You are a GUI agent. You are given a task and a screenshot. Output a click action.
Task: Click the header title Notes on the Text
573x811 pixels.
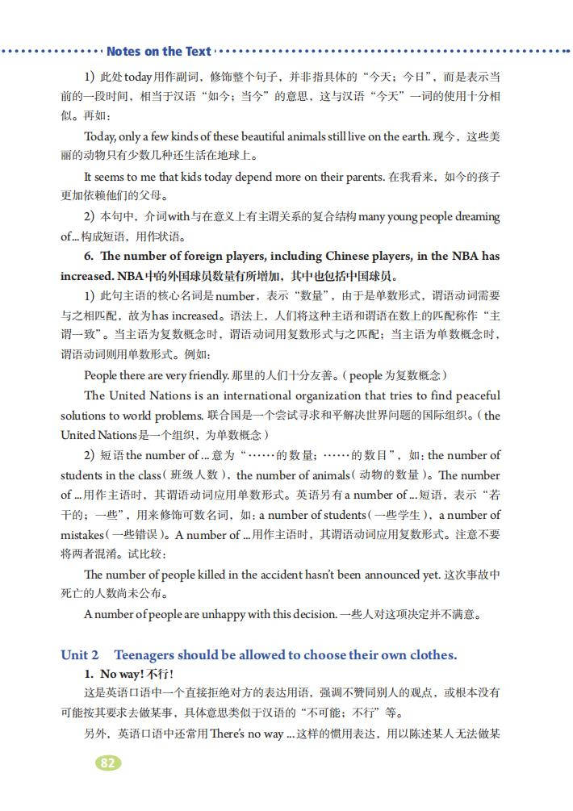[158, 52]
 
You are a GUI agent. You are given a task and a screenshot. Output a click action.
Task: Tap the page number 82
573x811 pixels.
[107, 763]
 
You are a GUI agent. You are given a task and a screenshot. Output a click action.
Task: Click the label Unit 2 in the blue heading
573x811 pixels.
[80, 654]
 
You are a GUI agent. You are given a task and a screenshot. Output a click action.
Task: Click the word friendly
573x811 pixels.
[201, 375]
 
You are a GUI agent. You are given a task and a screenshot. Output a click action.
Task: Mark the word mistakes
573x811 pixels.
[82, 534]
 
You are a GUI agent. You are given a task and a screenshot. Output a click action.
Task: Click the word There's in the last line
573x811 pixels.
[228, 734]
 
